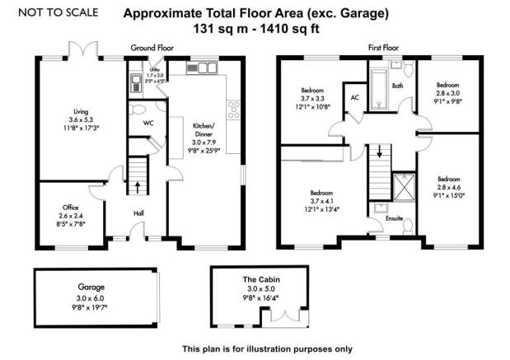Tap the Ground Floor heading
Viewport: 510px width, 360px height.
151,49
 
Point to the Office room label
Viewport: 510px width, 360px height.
69,207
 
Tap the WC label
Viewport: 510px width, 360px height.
148,123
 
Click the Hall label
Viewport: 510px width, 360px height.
138,213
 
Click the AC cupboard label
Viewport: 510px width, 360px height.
355,96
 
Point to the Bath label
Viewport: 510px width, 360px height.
397,85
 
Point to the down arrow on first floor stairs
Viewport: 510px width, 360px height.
379,152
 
